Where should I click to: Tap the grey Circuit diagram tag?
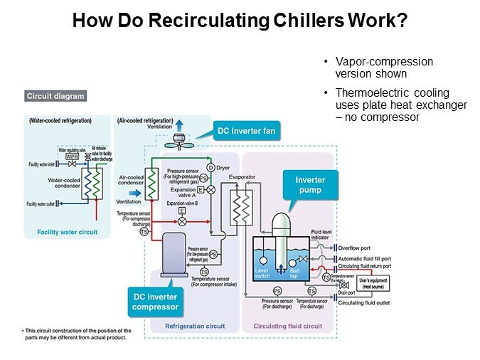(x=55, y=96)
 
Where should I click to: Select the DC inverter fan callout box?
(x=246, y=130)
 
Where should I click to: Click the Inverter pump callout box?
(x=309, y=185)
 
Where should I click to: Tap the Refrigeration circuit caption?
(x=195, y=327)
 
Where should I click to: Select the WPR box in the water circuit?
(x=72, y=157)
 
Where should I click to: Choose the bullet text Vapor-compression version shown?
(x=384, y=67)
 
